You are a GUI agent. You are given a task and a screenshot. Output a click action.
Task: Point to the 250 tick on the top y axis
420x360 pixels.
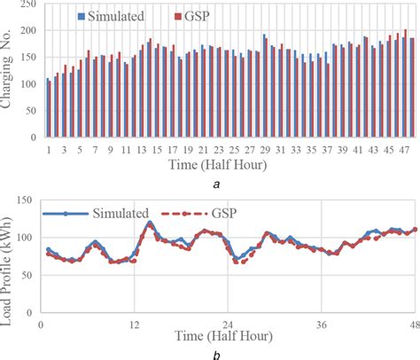pos(27,6)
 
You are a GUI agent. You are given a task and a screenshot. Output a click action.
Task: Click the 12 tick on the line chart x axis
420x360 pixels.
pos(134,324)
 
